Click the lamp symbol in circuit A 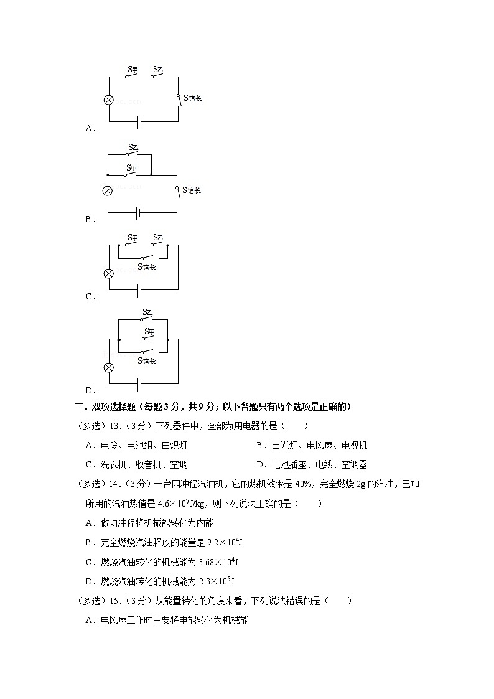(x=108, y=100)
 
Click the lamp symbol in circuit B (x=108, y=191)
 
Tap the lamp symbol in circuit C (x=108, y=273)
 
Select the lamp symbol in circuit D (x=108, y=367)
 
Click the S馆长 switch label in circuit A (x=192, y=98)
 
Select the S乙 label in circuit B (x=133, y=148)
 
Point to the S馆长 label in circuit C (x=147, y=267)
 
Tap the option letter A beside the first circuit (x=90, y=129)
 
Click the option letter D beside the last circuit (x=90, y=391)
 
